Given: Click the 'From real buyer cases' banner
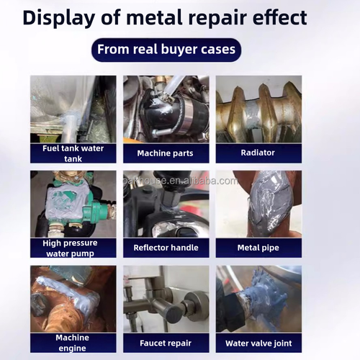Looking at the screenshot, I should tap(166, 50).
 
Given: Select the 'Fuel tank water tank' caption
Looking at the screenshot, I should tap(73, 153).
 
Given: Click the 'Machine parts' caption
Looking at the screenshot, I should tap(166, 153).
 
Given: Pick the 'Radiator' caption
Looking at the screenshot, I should tap(258, 153).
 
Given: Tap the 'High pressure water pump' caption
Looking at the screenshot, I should tap(73, 248).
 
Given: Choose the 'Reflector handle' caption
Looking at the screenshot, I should tap(166, 248).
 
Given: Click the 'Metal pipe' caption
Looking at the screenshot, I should tap(258, 248).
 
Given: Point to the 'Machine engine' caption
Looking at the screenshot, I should tap(73, 343).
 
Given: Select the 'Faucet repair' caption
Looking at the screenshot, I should tap(166, 343).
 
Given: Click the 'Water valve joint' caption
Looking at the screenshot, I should tap(258, 343).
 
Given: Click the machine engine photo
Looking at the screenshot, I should tap(73, 299).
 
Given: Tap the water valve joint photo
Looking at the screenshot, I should tap(258, 299).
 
